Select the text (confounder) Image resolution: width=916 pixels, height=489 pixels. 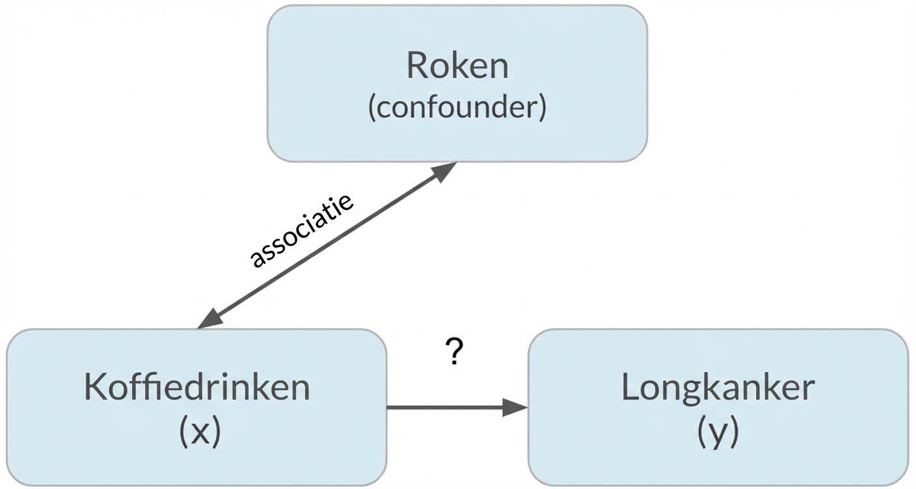[457, 108]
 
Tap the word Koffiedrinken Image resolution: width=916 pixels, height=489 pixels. [196, 388]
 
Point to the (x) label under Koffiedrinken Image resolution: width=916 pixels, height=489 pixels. [199, 431]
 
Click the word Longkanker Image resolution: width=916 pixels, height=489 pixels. [718, 388]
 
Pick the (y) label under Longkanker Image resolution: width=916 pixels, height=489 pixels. [718, 431]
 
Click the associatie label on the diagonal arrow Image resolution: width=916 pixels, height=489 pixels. [302, 230]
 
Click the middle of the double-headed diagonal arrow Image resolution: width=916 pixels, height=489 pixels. [327, 245]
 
